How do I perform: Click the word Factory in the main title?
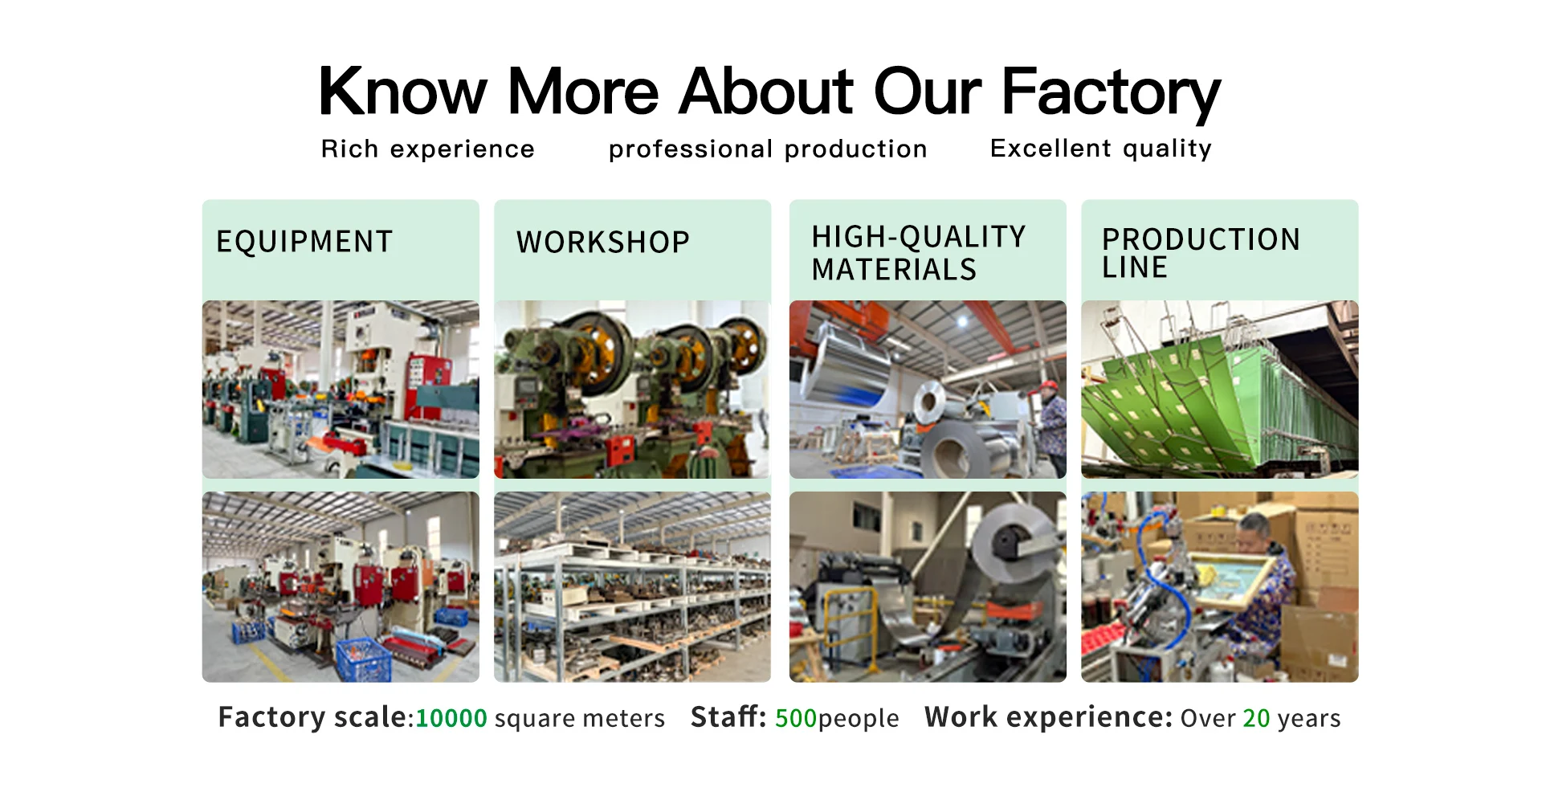coord(1111,92)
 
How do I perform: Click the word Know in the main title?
coord(402,91)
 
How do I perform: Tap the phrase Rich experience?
coord(427,149)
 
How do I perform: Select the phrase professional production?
coord(768,149)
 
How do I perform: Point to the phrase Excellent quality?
coord(1101,149)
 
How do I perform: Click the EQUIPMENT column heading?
coord(304,242)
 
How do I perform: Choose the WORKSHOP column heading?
coord(603,242)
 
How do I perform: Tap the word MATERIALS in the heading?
coord(894,270)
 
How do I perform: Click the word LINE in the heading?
coord(1135,267)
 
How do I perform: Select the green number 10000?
coord(451,717)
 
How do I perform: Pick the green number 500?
coord(796,717)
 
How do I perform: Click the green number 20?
coord(1257,717)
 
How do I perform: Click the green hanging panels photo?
coord(1220,390)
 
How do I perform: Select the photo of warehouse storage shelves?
coord(632,587)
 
